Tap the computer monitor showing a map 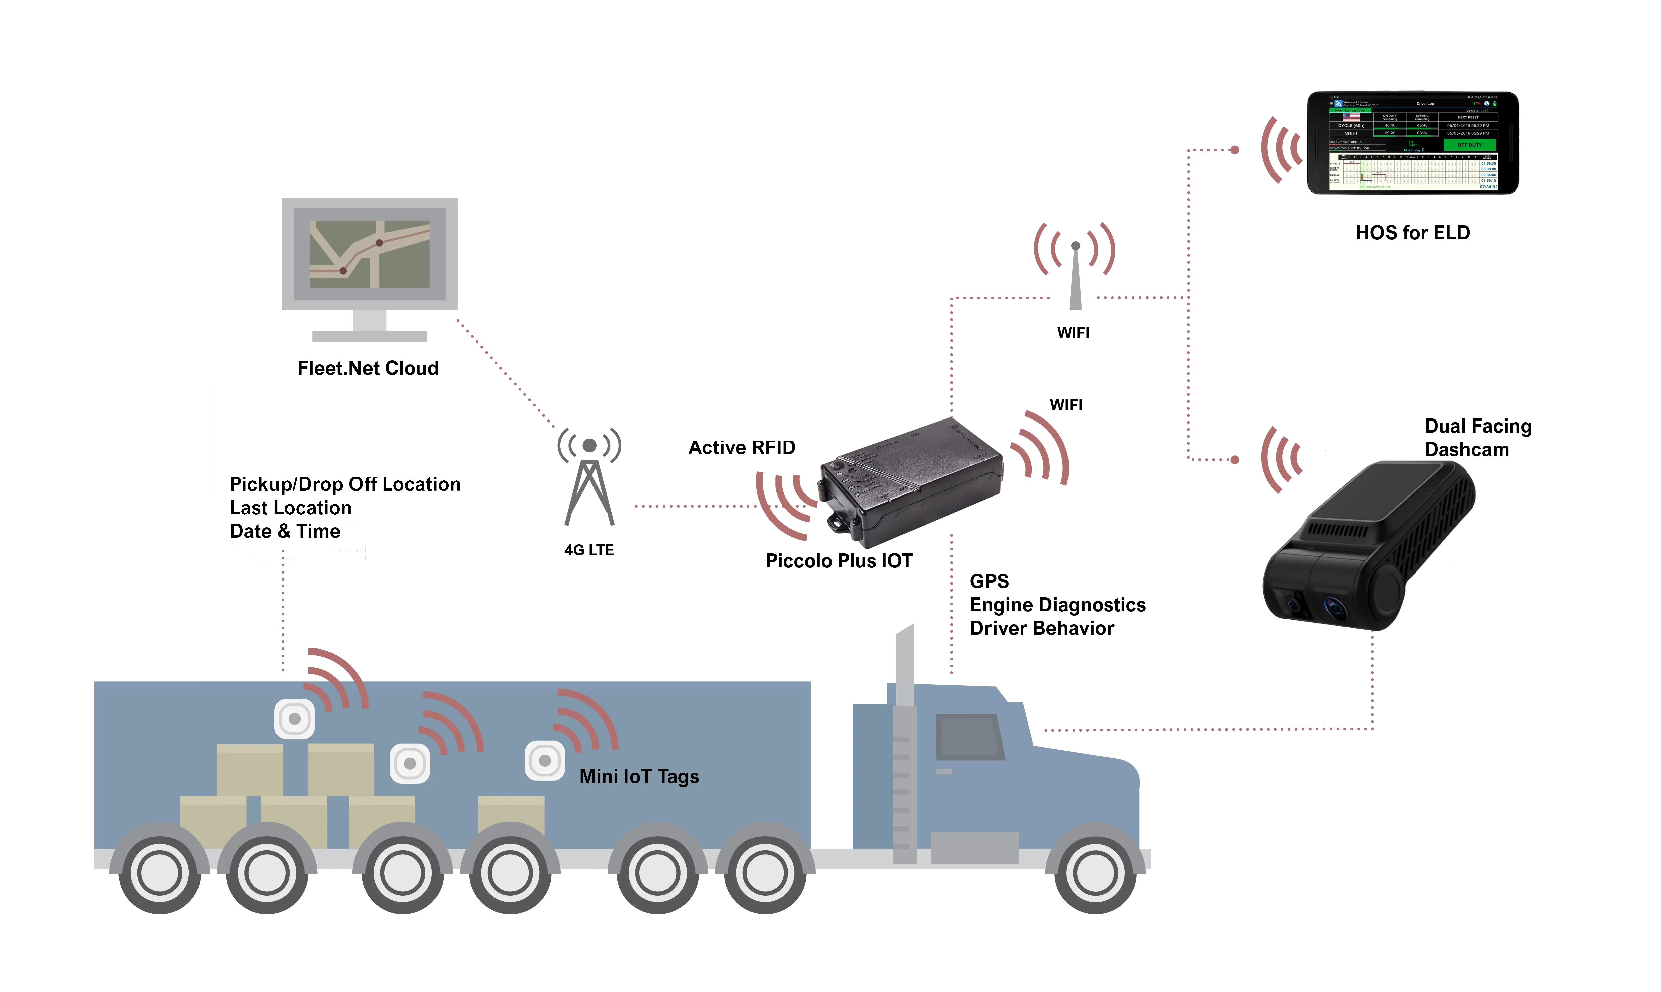tap(370, 254)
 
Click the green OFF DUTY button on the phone tap(1469, 144)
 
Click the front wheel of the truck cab tap(1096, 872)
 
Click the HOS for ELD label tap(1412, 233)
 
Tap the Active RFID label tap(742, 447)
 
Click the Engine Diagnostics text tap(1057, 606)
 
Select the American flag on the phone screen tap(1351, 117)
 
